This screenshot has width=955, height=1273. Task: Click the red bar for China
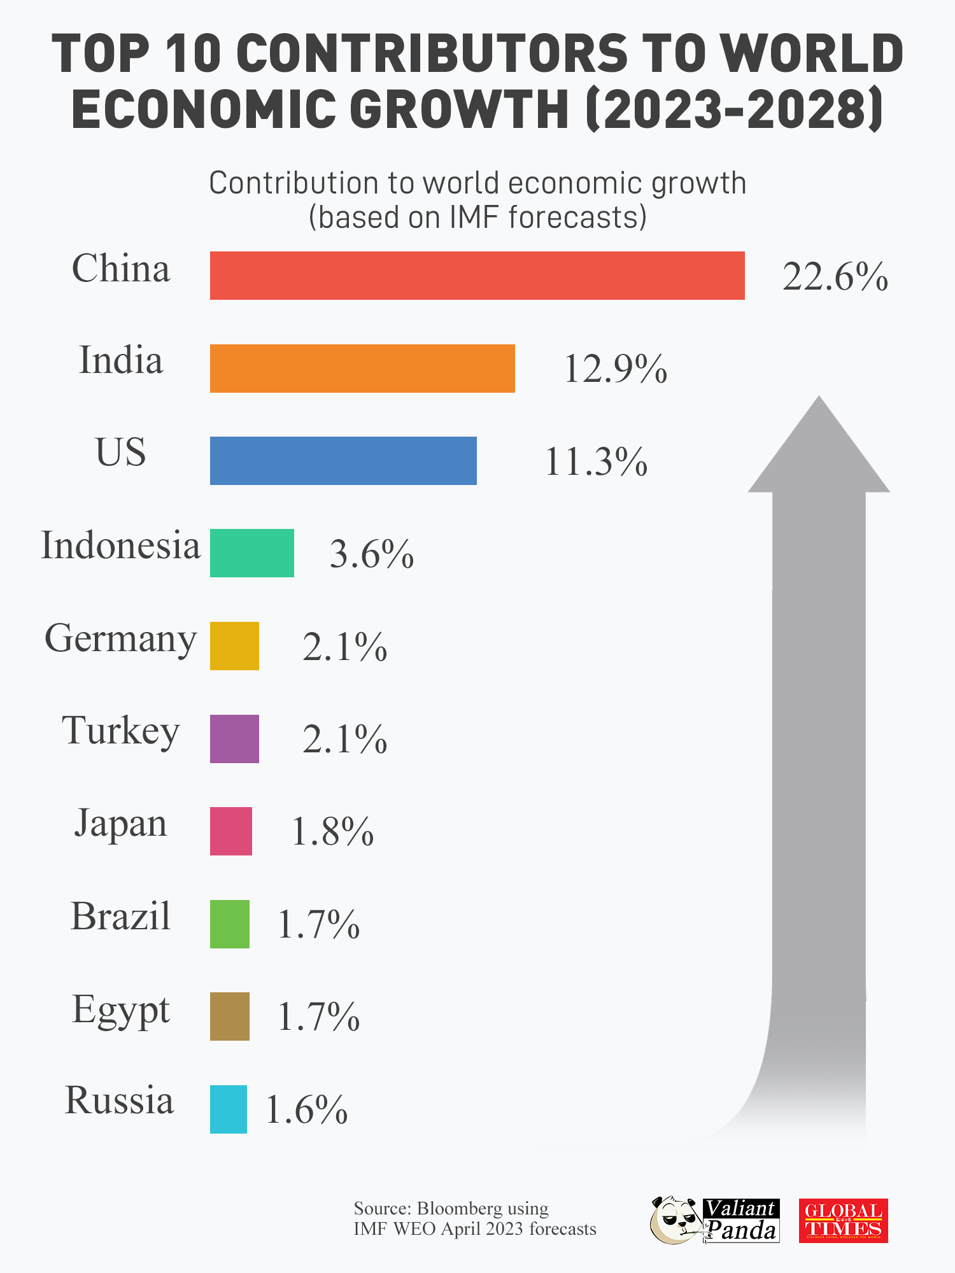click(478, 276)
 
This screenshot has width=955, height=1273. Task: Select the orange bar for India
click(362, 369)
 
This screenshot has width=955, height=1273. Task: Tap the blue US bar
click(343, 461)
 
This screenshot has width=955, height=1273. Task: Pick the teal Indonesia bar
click(252, 553)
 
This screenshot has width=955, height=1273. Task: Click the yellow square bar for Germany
click(234, 646)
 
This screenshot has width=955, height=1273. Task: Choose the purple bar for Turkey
click(234, 739)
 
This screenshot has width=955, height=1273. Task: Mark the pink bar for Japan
click(231, 831)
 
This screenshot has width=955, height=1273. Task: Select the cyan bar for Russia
click(229, 1109)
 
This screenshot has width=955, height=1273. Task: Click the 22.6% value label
click(835, 277)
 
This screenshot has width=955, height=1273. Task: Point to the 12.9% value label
click(615, 369)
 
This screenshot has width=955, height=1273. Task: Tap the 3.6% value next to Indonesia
click(371, 554)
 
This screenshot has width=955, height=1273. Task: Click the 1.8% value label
click(332, 832)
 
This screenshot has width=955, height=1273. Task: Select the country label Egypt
click(121, 1010)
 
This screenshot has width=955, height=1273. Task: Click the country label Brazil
click(121, 917)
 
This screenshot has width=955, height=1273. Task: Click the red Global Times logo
click(843, 1221)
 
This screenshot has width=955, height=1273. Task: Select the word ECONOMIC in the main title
click(203, 109)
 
